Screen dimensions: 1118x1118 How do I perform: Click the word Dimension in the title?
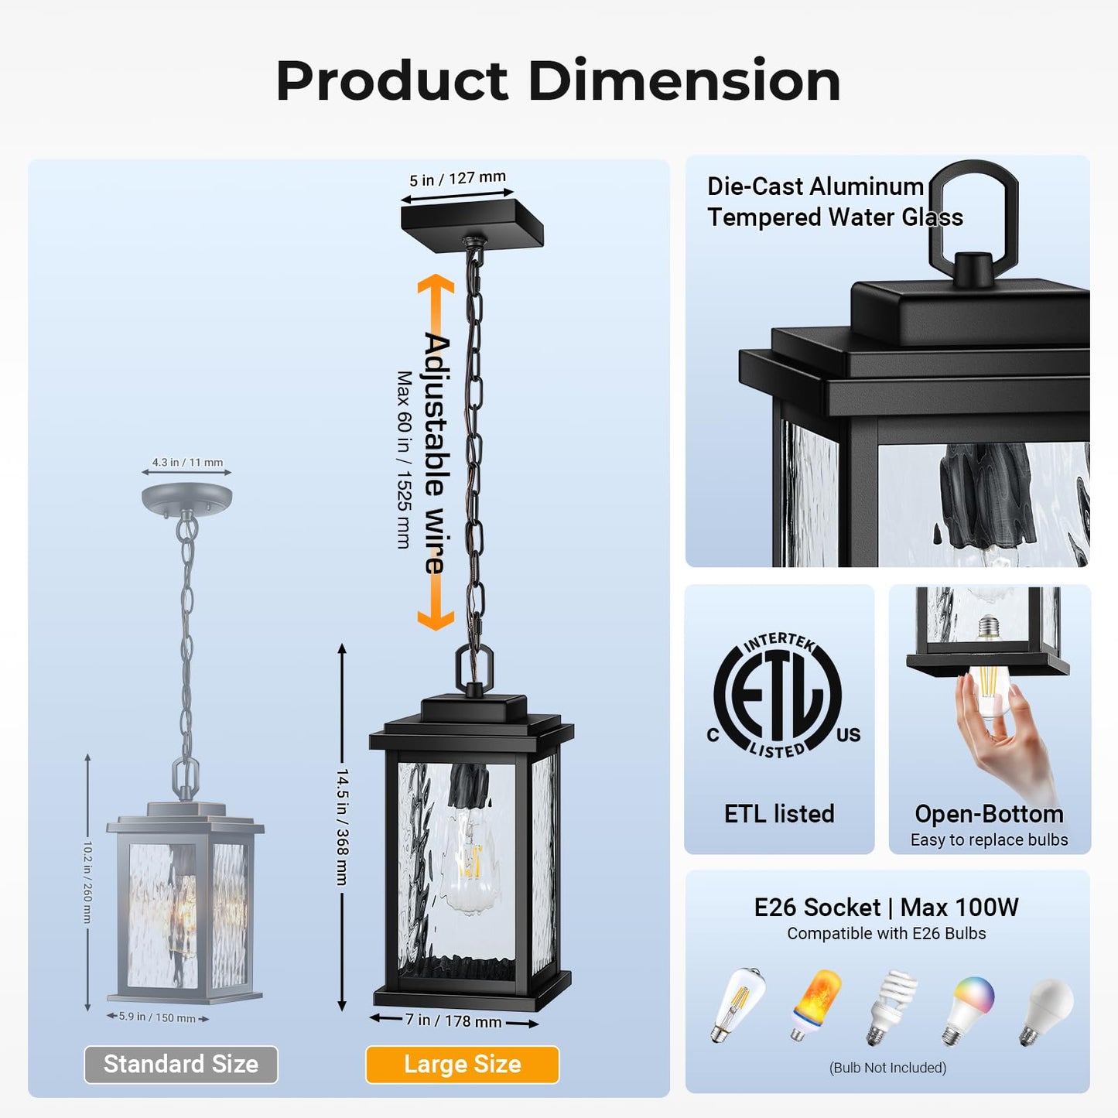click(x=684, y=81)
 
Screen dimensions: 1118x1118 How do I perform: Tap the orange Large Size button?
click(x=462, y=1065)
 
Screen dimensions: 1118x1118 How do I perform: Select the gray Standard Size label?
click(x=181, y=1065)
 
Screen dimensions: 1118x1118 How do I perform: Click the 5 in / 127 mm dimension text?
click(x=457, y=179)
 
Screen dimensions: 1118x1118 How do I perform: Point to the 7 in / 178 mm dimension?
click(x=453, y=1021)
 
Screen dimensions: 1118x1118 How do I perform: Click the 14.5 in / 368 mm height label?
click(x=342, y=826)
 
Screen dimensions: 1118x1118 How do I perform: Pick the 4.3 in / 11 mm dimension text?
click(x=187, y=462)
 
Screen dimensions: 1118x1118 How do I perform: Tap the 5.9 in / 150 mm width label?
click(x=157, y=1017)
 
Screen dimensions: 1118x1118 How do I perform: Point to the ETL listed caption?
click(x=779, y=814)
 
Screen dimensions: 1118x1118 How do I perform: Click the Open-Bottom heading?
click(x=989, y=814)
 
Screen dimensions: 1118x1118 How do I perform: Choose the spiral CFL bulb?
click(x=891, y=1006)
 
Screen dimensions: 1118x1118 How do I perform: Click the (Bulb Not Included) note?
click(x=887, y=1068)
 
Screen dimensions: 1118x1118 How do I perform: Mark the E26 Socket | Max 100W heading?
click(x=886, y=907)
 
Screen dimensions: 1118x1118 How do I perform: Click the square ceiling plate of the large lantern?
click(x=472, y=221)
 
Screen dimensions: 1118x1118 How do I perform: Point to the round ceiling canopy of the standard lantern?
click(x=187, y=497)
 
